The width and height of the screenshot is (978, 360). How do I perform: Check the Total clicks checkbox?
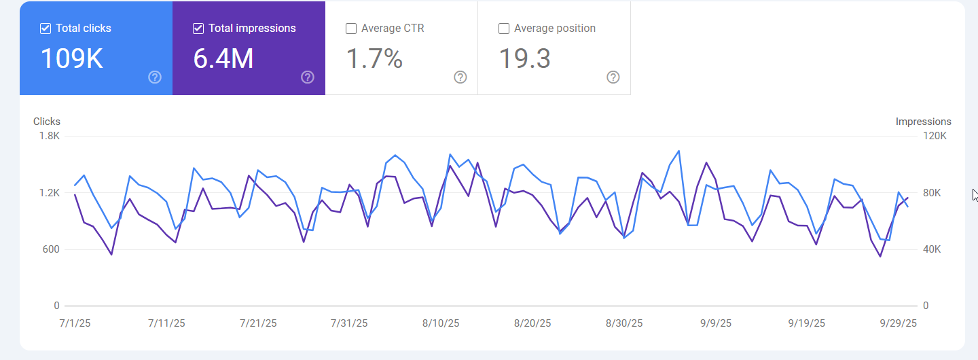[46, 29]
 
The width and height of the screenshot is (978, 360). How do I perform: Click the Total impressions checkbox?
[198, 29]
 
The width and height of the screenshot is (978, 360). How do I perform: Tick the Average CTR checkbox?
[351, 29]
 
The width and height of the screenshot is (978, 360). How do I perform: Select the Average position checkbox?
[504, 29]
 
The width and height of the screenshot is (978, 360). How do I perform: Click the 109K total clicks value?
[71, 59]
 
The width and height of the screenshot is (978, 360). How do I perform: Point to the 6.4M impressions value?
[223, 59]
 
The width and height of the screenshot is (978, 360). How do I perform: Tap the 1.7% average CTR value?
[374, 59]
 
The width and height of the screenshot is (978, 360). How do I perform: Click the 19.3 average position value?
[524, 59]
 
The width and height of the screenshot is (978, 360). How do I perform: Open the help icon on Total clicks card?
[155, 77]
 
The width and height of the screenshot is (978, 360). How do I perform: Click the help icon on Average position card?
[613, 77]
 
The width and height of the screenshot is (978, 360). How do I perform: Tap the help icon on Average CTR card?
[460, 77]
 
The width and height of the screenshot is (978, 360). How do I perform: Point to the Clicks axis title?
[47, 122]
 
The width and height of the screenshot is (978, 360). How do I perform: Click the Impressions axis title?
[923, 122]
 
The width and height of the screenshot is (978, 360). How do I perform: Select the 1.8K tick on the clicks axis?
[50, 136]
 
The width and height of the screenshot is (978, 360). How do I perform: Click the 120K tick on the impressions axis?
[935, 136]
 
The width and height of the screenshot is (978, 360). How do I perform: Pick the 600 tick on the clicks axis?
[52, 249]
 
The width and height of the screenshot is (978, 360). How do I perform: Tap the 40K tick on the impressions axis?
[932, 249]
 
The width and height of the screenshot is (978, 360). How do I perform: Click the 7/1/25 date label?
[75, 323]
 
